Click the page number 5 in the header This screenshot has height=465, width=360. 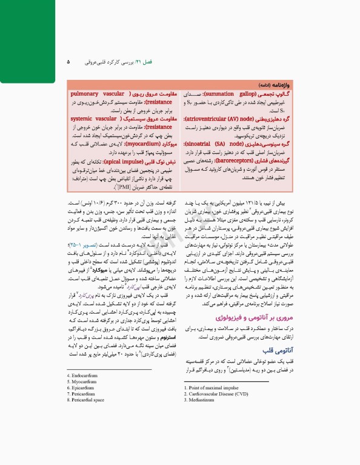coord(68,62)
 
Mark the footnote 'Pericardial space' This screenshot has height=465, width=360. coord(89,400)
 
